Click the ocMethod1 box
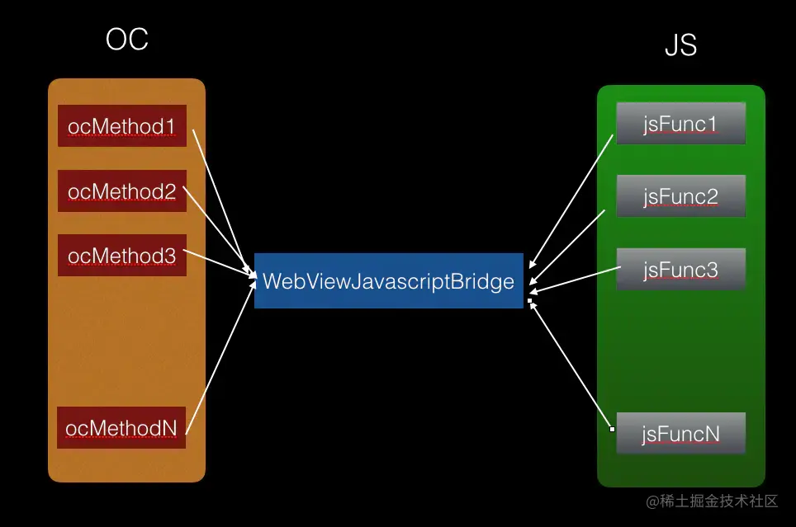122,125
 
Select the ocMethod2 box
122,191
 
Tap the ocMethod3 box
122,256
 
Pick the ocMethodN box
122,427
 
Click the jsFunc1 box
680,124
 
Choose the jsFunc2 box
680,196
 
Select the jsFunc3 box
680,269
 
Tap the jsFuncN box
680,433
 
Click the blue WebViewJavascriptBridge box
388,281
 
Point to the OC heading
127,40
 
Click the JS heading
680,46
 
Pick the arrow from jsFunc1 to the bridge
571,198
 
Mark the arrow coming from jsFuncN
571,365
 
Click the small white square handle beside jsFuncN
612,429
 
